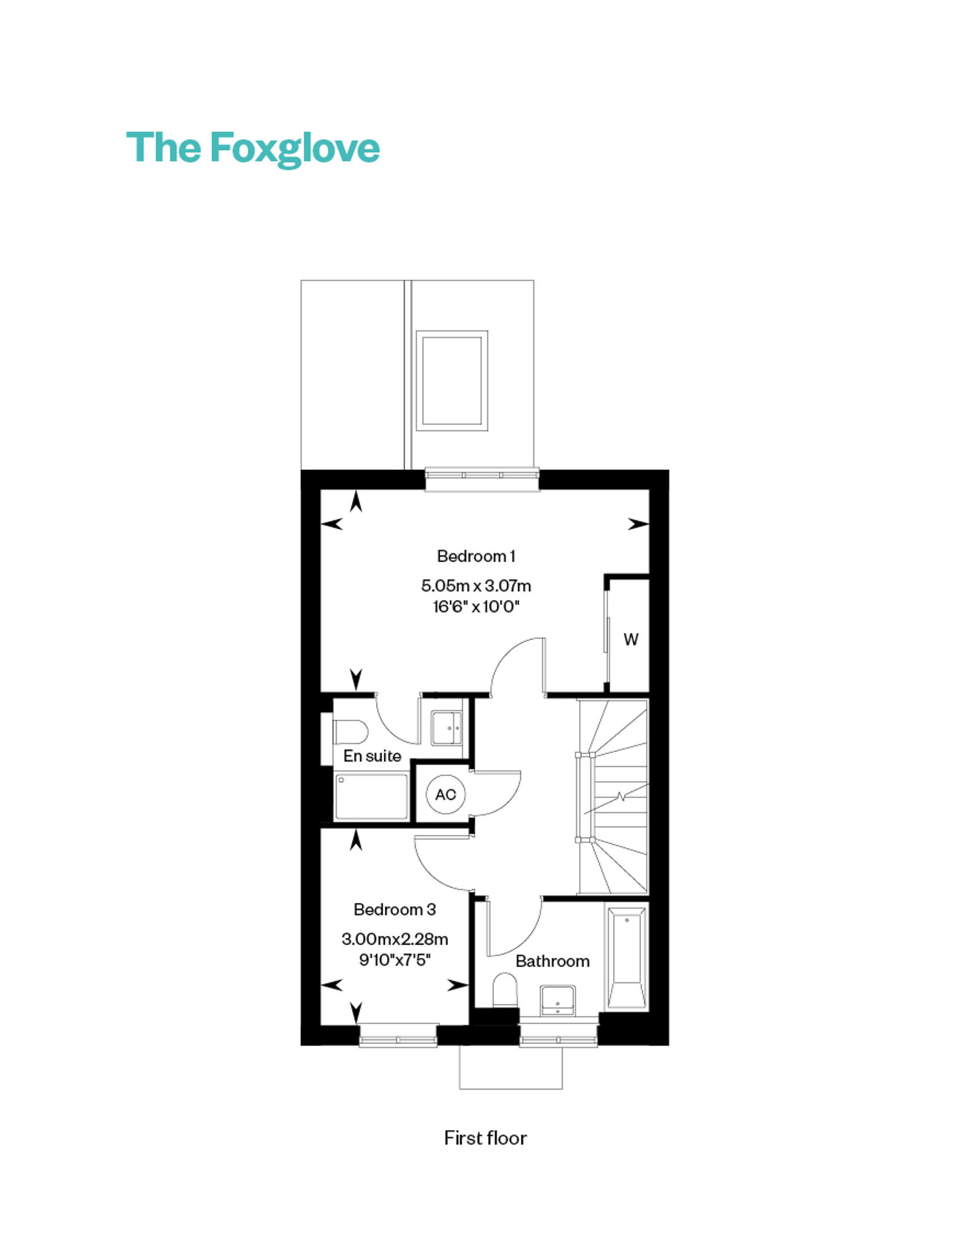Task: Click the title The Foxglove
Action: (x=252, y=148)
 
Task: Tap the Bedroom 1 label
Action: (x=476, y=556)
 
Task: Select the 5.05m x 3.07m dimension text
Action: (x=476, y=586)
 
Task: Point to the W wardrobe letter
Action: (x=631, y=640)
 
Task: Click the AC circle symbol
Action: (x=446, y=794)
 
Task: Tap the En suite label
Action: (x=372, y=756)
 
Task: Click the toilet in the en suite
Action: (x=350, y=732)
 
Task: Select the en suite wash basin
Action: (x=447, y=728)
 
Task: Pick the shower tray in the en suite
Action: (x=372, y=797)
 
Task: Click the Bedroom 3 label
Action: (x=395, y=909)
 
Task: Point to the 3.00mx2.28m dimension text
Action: (x=395, y=939)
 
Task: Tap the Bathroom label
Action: (x=552, y=961)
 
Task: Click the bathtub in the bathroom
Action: (x=627, y=957)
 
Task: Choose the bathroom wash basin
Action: (x=557, y=1001)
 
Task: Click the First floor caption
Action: (x=485, y=1139)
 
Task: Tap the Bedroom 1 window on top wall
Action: (x=482, y=480)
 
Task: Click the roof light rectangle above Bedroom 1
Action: (x=452, y=381)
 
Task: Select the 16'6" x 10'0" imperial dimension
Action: (x=476, y=606)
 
